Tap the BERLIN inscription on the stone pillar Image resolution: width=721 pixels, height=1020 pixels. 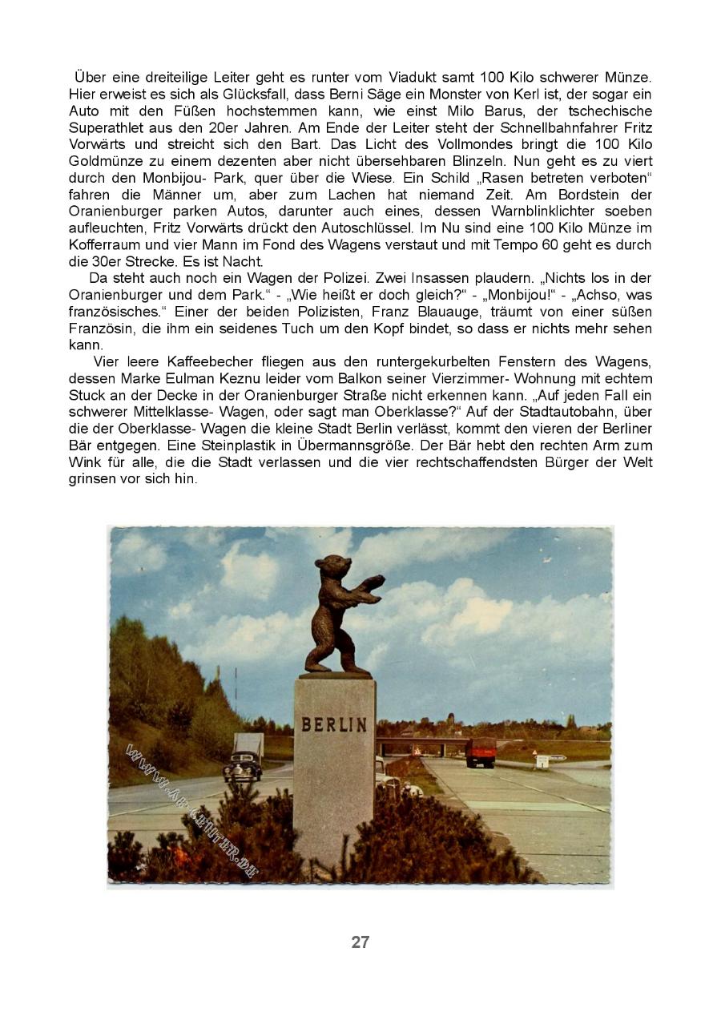(335, 725)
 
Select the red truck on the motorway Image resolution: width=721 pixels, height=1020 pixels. (481, 752)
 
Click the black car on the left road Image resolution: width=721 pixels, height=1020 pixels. (242, 767)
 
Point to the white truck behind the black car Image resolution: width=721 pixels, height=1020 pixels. (248, 745)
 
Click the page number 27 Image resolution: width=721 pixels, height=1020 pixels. (360, 942)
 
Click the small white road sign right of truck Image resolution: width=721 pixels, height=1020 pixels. (542, 761)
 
